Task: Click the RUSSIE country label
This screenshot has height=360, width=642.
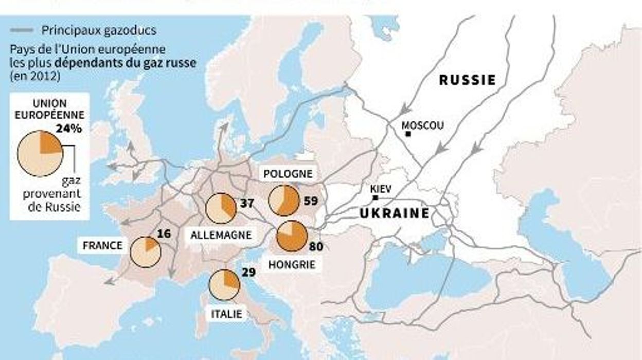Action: tap(467, 80)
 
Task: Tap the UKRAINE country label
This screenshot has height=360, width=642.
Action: tap(395, 213)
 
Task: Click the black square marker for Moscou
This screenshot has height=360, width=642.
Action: tap(408, 134)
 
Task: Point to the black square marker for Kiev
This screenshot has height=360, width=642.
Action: tap(376, 197)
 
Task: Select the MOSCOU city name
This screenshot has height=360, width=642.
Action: tap(422, 125)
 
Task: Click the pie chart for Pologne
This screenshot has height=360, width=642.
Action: tap(284, 201)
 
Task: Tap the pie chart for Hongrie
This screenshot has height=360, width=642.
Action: tap(292, 236)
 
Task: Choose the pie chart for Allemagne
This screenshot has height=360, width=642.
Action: tap(220, 208)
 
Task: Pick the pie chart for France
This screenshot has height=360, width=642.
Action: tap(146, 252)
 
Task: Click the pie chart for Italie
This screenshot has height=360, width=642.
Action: tap(224, 284)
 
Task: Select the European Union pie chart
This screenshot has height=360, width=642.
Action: tap(40, 153)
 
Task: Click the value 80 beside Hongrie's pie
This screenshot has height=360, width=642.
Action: tap(316, 247)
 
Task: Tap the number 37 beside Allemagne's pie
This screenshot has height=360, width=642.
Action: tap(247, 203)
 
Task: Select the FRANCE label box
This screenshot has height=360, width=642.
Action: tap(103, 245)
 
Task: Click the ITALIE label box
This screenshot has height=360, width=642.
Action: tap(226, 313)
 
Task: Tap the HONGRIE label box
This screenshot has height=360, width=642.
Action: tap(292, 265)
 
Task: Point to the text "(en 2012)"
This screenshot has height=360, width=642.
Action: tap(35, 77)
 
